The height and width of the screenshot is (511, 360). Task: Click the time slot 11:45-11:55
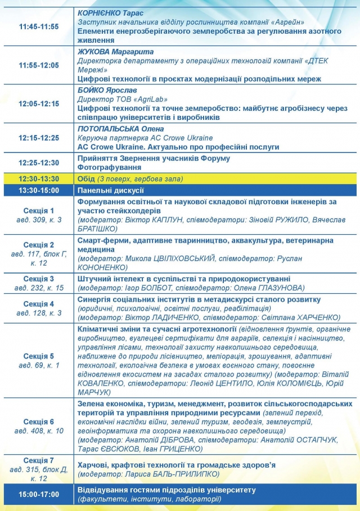pos(38,26)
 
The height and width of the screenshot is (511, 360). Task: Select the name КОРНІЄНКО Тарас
pos(112,12)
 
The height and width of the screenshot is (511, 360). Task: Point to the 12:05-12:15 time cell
pos(38,104)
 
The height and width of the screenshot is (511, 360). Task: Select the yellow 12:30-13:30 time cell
pos(38,179)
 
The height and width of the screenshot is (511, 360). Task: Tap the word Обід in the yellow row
pos(87,179)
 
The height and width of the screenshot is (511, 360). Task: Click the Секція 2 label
pos(39,245)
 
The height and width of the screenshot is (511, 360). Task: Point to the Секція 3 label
pos(39,279)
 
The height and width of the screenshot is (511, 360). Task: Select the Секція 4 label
pos(39,304)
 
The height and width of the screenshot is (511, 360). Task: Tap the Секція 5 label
pos(39,356)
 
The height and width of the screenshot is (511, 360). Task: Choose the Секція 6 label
pos(39,422)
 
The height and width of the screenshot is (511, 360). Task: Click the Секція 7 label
pos(39,460)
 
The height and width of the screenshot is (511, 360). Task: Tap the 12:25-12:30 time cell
pos(38,163)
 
